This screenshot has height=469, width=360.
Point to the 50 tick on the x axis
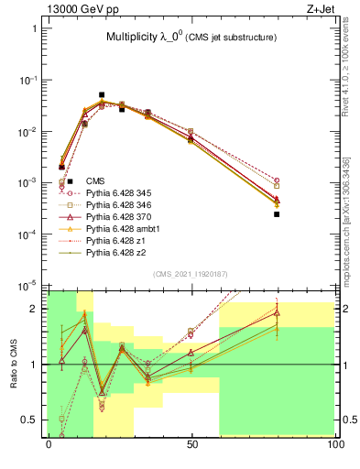[191, 443]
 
